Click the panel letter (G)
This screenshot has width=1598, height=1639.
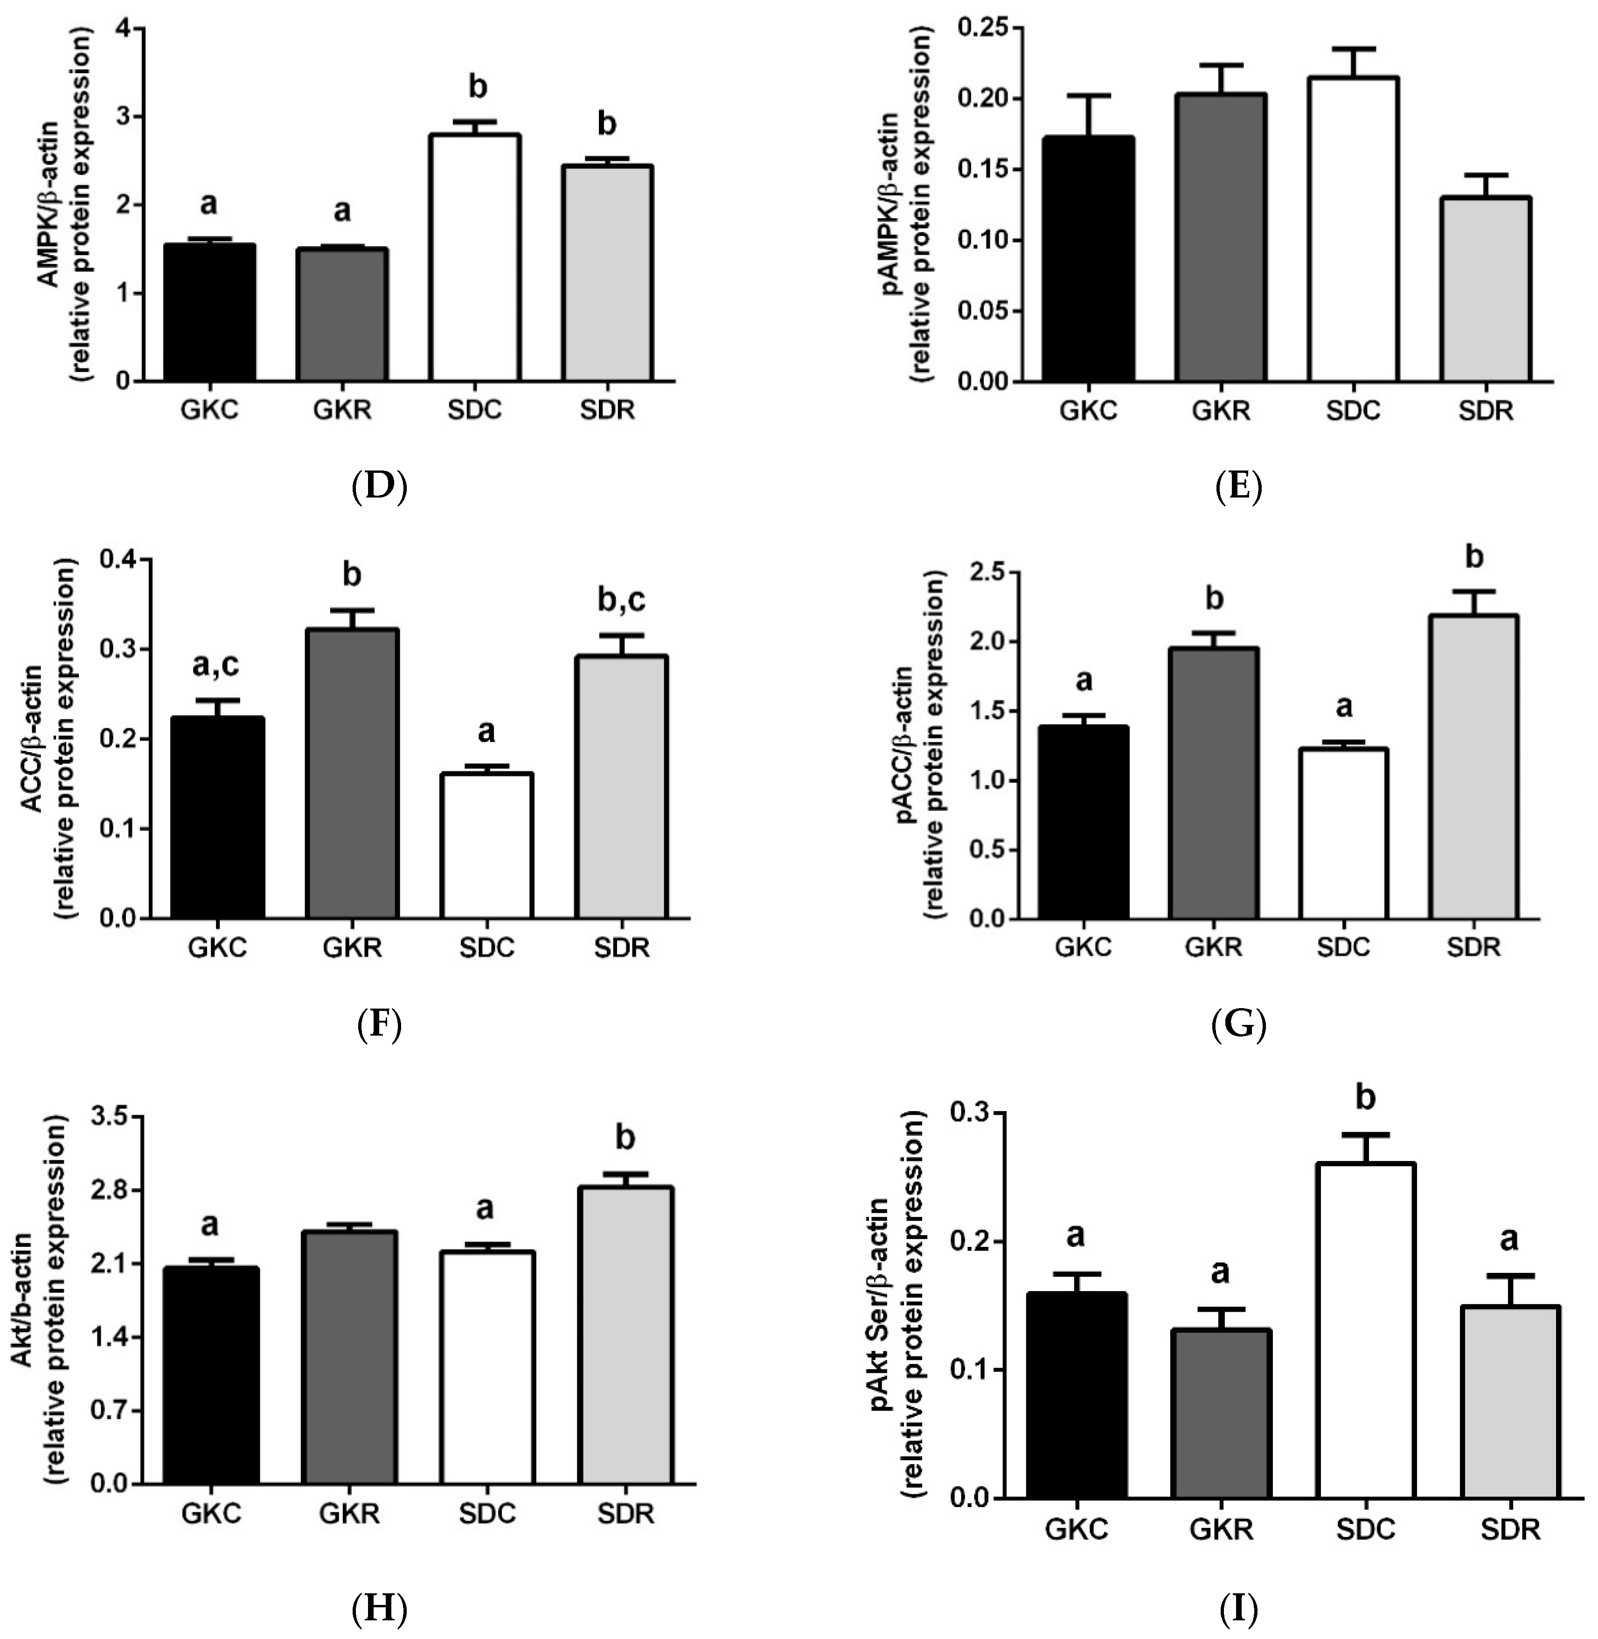coord(1239,1024)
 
